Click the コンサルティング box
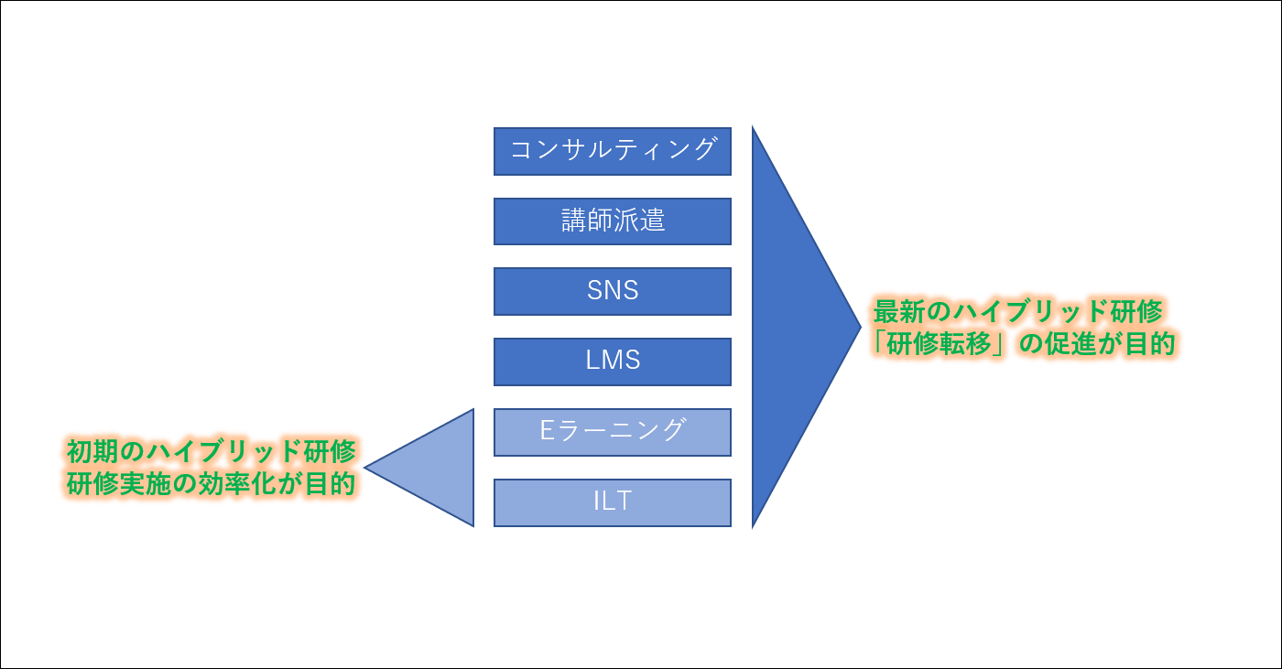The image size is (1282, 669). coord(612,151)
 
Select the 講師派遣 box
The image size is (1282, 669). coord(612,221)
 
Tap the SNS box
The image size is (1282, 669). coord(612,291)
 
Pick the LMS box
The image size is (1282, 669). coord(612,361)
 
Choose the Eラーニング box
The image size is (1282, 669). coord(612,432)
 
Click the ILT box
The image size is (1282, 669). coord(612,502)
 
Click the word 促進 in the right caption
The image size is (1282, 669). coord(1072,345)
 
